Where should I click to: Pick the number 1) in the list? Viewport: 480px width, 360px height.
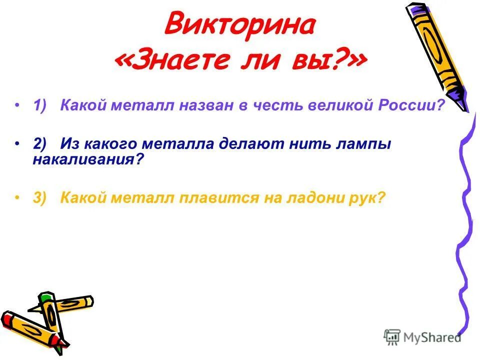40,106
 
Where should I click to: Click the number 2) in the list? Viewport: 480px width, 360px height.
40,144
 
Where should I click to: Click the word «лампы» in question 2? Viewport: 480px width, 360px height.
367,144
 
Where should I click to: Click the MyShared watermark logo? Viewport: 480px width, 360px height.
422,337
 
